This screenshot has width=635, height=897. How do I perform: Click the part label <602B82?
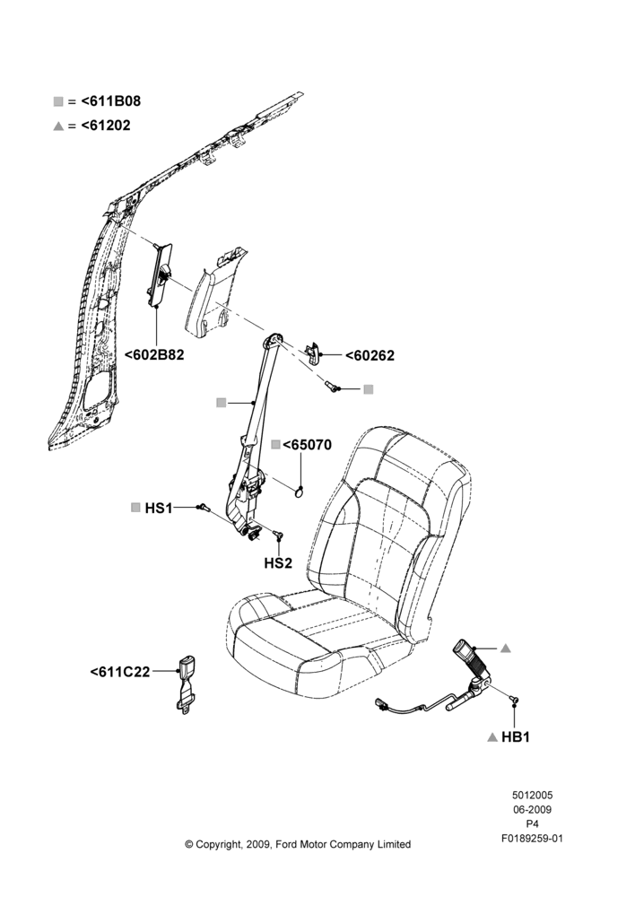[154, 354]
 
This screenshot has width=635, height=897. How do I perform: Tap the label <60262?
[370, 356]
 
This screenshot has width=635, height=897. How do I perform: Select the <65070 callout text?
[308, 445]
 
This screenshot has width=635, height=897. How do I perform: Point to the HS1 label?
[159, 508]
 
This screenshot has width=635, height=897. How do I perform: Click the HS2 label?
[278, 563]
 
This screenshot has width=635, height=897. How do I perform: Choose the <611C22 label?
[120, 672]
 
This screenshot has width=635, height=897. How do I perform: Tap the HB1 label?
[516, 737]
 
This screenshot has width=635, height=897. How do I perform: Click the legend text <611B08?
[111, 101]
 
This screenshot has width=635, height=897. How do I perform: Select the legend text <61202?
[106, 126]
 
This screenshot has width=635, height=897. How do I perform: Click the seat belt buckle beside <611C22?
[186, 685]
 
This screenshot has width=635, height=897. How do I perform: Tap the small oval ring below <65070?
[300, 491]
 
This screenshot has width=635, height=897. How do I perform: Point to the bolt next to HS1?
[204, 508]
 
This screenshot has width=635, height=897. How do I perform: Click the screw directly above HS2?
[279, 536]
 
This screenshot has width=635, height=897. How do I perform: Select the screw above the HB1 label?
[514, 699]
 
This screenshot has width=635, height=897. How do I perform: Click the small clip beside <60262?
[313, 353]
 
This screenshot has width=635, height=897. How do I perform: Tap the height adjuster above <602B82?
[159, 273]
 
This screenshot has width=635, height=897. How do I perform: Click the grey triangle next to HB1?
[492, 737]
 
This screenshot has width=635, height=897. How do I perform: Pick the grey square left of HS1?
[135, 508]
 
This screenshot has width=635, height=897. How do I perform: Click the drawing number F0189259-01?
[532, 839]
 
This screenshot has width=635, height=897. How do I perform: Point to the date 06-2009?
[532, 809]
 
